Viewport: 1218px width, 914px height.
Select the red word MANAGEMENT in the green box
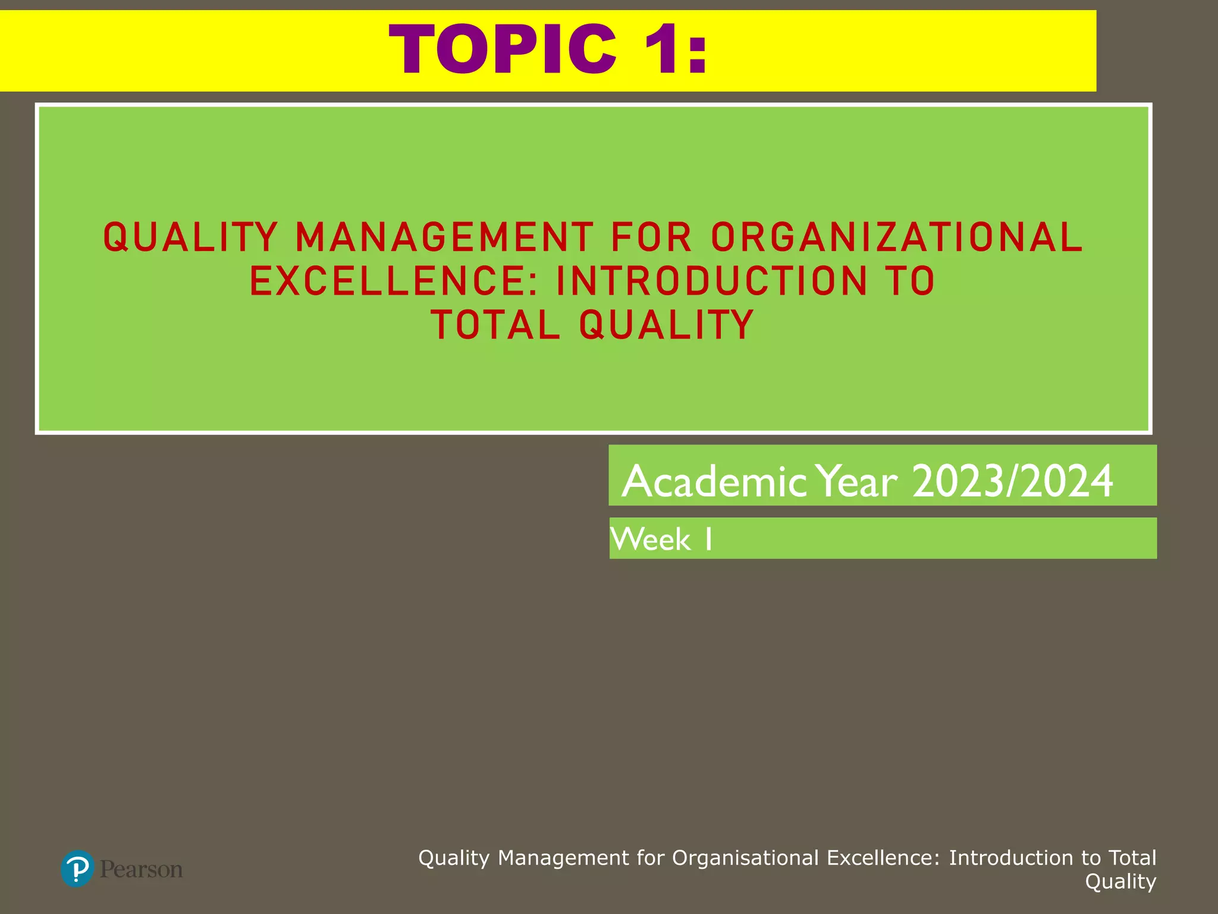pos(444,237)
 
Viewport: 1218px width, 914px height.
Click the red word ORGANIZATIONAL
pos(897,237)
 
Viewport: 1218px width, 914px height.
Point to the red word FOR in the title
pos(651,237)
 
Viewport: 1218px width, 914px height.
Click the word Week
pos(651,540)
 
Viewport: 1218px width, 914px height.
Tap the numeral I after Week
pos(708,540)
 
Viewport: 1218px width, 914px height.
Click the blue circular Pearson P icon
pos(77,869)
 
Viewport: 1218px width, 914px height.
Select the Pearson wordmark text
pos(142,869)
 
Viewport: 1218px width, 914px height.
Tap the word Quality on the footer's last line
pos(1120,881)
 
